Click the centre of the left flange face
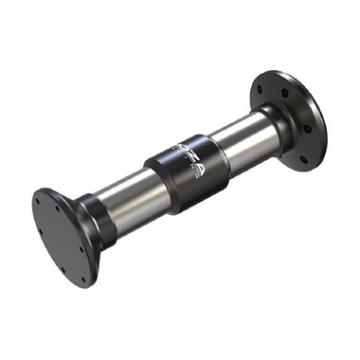click(x=63, y=237)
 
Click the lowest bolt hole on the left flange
click(x=86, y=279)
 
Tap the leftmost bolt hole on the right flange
click(x=259, y=91)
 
